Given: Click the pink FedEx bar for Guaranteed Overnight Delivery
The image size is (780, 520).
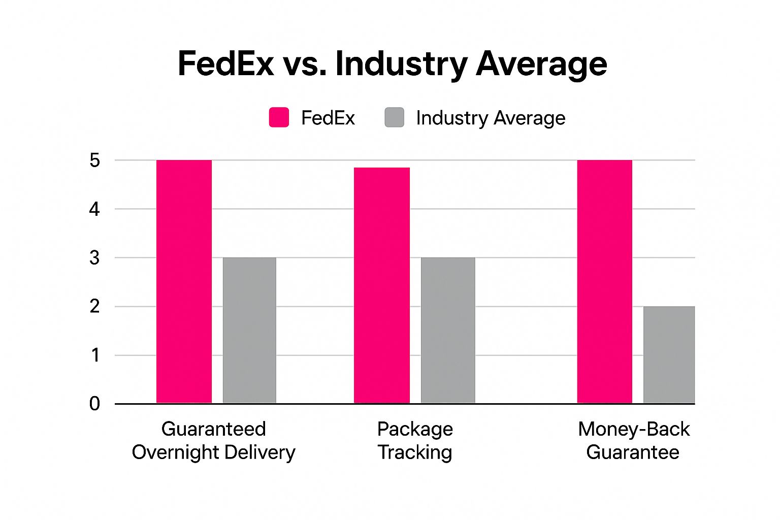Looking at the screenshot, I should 184,282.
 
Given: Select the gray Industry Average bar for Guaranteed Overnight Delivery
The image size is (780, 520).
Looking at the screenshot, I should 249,331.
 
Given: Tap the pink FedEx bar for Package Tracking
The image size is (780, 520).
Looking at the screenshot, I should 382,285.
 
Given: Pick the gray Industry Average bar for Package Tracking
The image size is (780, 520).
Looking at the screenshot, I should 448,331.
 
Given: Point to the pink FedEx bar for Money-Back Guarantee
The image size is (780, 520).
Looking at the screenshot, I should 605,282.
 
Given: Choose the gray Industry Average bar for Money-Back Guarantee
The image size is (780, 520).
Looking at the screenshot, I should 669,355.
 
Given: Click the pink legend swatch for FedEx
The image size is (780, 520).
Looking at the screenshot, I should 279,117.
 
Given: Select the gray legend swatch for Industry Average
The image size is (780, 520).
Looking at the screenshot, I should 395,117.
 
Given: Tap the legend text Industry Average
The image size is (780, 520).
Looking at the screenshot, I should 490,118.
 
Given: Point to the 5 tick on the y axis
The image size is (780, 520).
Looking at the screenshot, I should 95,160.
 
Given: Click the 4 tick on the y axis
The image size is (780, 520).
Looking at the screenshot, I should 95,209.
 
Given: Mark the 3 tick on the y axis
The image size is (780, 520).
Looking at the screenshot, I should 95,258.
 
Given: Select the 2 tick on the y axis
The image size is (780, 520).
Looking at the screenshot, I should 95,307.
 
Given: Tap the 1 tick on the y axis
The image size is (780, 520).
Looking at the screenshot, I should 95,355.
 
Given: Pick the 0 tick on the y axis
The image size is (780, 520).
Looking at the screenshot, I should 95,404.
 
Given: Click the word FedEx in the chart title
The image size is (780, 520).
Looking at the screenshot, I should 226,64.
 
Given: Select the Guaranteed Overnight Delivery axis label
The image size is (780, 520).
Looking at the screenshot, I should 213,440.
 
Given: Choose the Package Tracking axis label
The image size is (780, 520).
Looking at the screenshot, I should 415,440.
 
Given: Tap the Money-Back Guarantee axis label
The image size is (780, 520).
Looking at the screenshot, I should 633,440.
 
